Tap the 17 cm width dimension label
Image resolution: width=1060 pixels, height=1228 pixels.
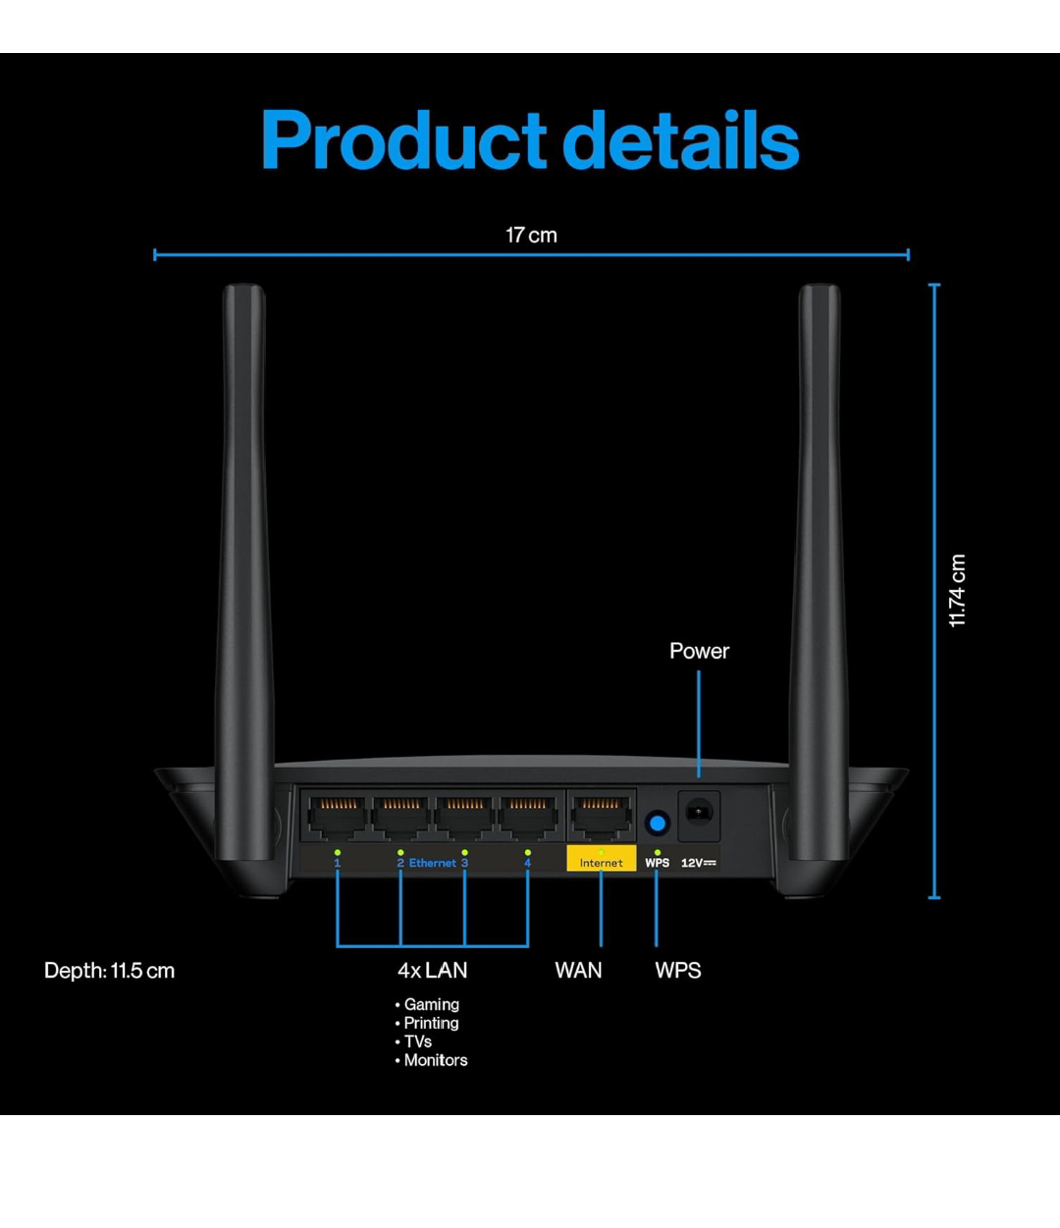pyautogui.click(x=531, y=236)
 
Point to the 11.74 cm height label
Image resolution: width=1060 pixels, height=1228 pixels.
pyautogui.click(x=958, y=591)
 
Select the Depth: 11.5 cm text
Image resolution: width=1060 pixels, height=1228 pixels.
pyautogui.click(x=109, y=971)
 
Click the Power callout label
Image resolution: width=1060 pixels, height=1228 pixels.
pyautogui.click(x=699, y=651)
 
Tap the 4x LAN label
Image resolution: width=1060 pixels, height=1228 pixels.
pyautogui.click(x=432, y=971)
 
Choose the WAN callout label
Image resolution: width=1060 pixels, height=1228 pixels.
pyautogui.click(x=578, y=971)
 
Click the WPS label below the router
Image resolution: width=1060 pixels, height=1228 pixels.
pyautogui.click(x=678, y=971)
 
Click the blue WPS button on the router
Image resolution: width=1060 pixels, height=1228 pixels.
pyautogui.click(x=657, y=821)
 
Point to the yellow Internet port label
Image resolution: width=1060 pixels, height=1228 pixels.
pyautogui.click(x=601, y=862)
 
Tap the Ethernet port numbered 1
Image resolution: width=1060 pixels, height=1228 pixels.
pyautogui.click(x=337, y=817)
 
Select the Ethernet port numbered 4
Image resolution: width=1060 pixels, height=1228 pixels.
pyautogui.click(x=528, y=817)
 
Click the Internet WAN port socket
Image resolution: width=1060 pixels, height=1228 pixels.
pyautogui.click(x=601, y=817)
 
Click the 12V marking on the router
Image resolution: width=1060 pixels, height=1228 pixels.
pyautogui.click(x=699, y=863)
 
